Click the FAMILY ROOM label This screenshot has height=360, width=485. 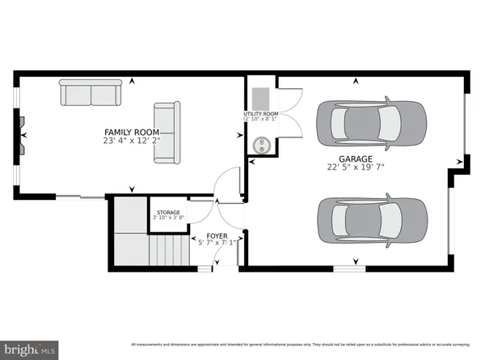[131, 132]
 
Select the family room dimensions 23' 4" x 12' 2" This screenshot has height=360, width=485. [131, 142]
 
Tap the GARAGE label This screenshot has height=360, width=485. [356, 159]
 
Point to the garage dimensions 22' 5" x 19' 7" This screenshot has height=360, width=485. [356, 169]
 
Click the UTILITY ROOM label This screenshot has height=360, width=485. [261, 114]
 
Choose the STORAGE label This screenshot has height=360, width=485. [168, 212]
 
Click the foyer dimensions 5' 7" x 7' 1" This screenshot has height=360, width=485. [217, 242]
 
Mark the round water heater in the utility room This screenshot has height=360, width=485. [263, 146]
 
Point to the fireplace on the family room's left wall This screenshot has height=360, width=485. [20, 134]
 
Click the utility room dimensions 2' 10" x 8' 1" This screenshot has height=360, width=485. [261, 120]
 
